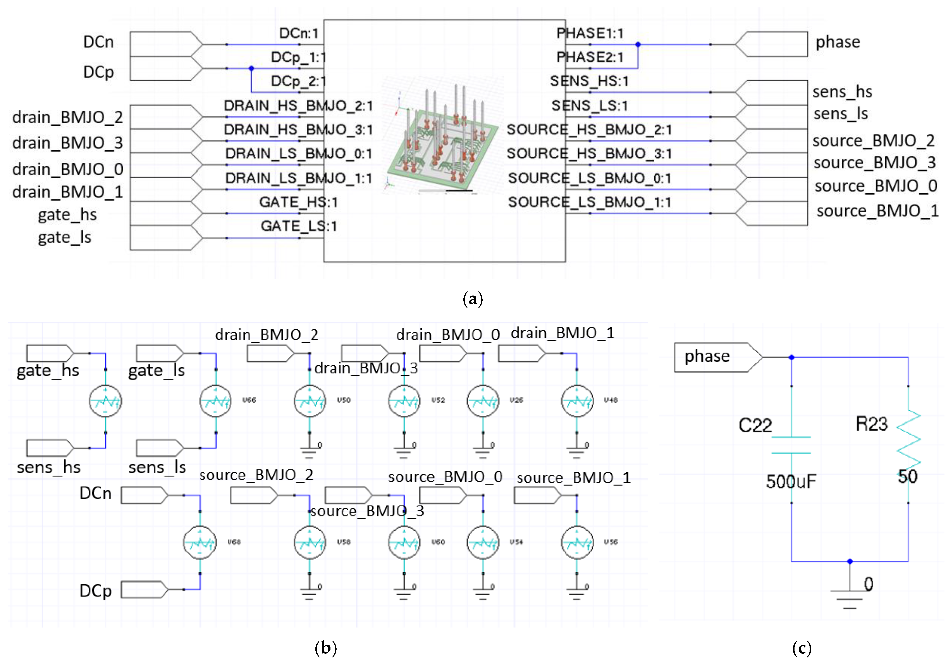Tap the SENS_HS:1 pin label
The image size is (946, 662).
(x=589, y=81)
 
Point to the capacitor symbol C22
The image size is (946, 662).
(x=791, y=445)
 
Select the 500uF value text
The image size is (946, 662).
(x=791, y=481)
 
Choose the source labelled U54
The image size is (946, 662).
(x=483, y=542)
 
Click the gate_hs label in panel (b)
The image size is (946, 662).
(x=48, y=370)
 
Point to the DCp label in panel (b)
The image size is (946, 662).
(x=96, y=590)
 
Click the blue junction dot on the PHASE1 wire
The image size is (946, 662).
(x=638, y=44)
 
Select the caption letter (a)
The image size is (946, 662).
(x=473, y=299)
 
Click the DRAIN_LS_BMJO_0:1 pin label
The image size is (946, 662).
(x=299, y=154)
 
